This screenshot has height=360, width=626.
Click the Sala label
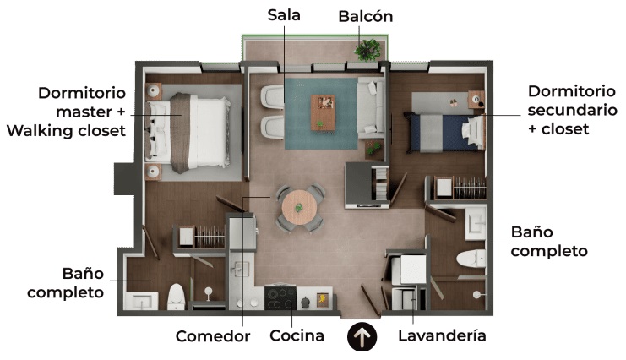coord(284,15)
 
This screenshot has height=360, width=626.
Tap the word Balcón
coord(366,16)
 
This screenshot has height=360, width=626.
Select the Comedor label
coord(213,336)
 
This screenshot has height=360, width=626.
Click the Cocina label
coord(297,335)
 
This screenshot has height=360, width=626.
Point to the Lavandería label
coord(443,335)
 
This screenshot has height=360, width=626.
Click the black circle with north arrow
coord(362,336)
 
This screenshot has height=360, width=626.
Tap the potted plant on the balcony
coord(367,50)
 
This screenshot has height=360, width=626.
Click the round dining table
coord(299,208)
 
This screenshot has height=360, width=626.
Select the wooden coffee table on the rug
coord(323,112)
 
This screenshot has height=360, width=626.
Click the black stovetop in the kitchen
coord(280,298)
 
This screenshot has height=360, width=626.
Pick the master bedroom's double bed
coord(188,133)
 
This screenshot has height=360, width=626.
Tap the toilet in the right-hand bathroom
coord(471,259)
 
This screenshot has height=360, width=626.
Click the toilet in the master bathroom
coord(176,297)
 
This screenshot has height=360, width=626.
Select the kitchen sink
coord(241,270)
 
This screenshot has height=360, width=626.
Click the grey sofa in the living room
coord(371,108)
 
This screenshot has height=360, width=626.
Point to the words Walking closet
coord(66,131)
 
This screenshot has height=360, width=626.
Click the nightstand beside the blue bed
coord(476,99)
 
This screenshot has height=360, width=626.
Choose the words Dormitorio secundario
coord(572,101)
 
